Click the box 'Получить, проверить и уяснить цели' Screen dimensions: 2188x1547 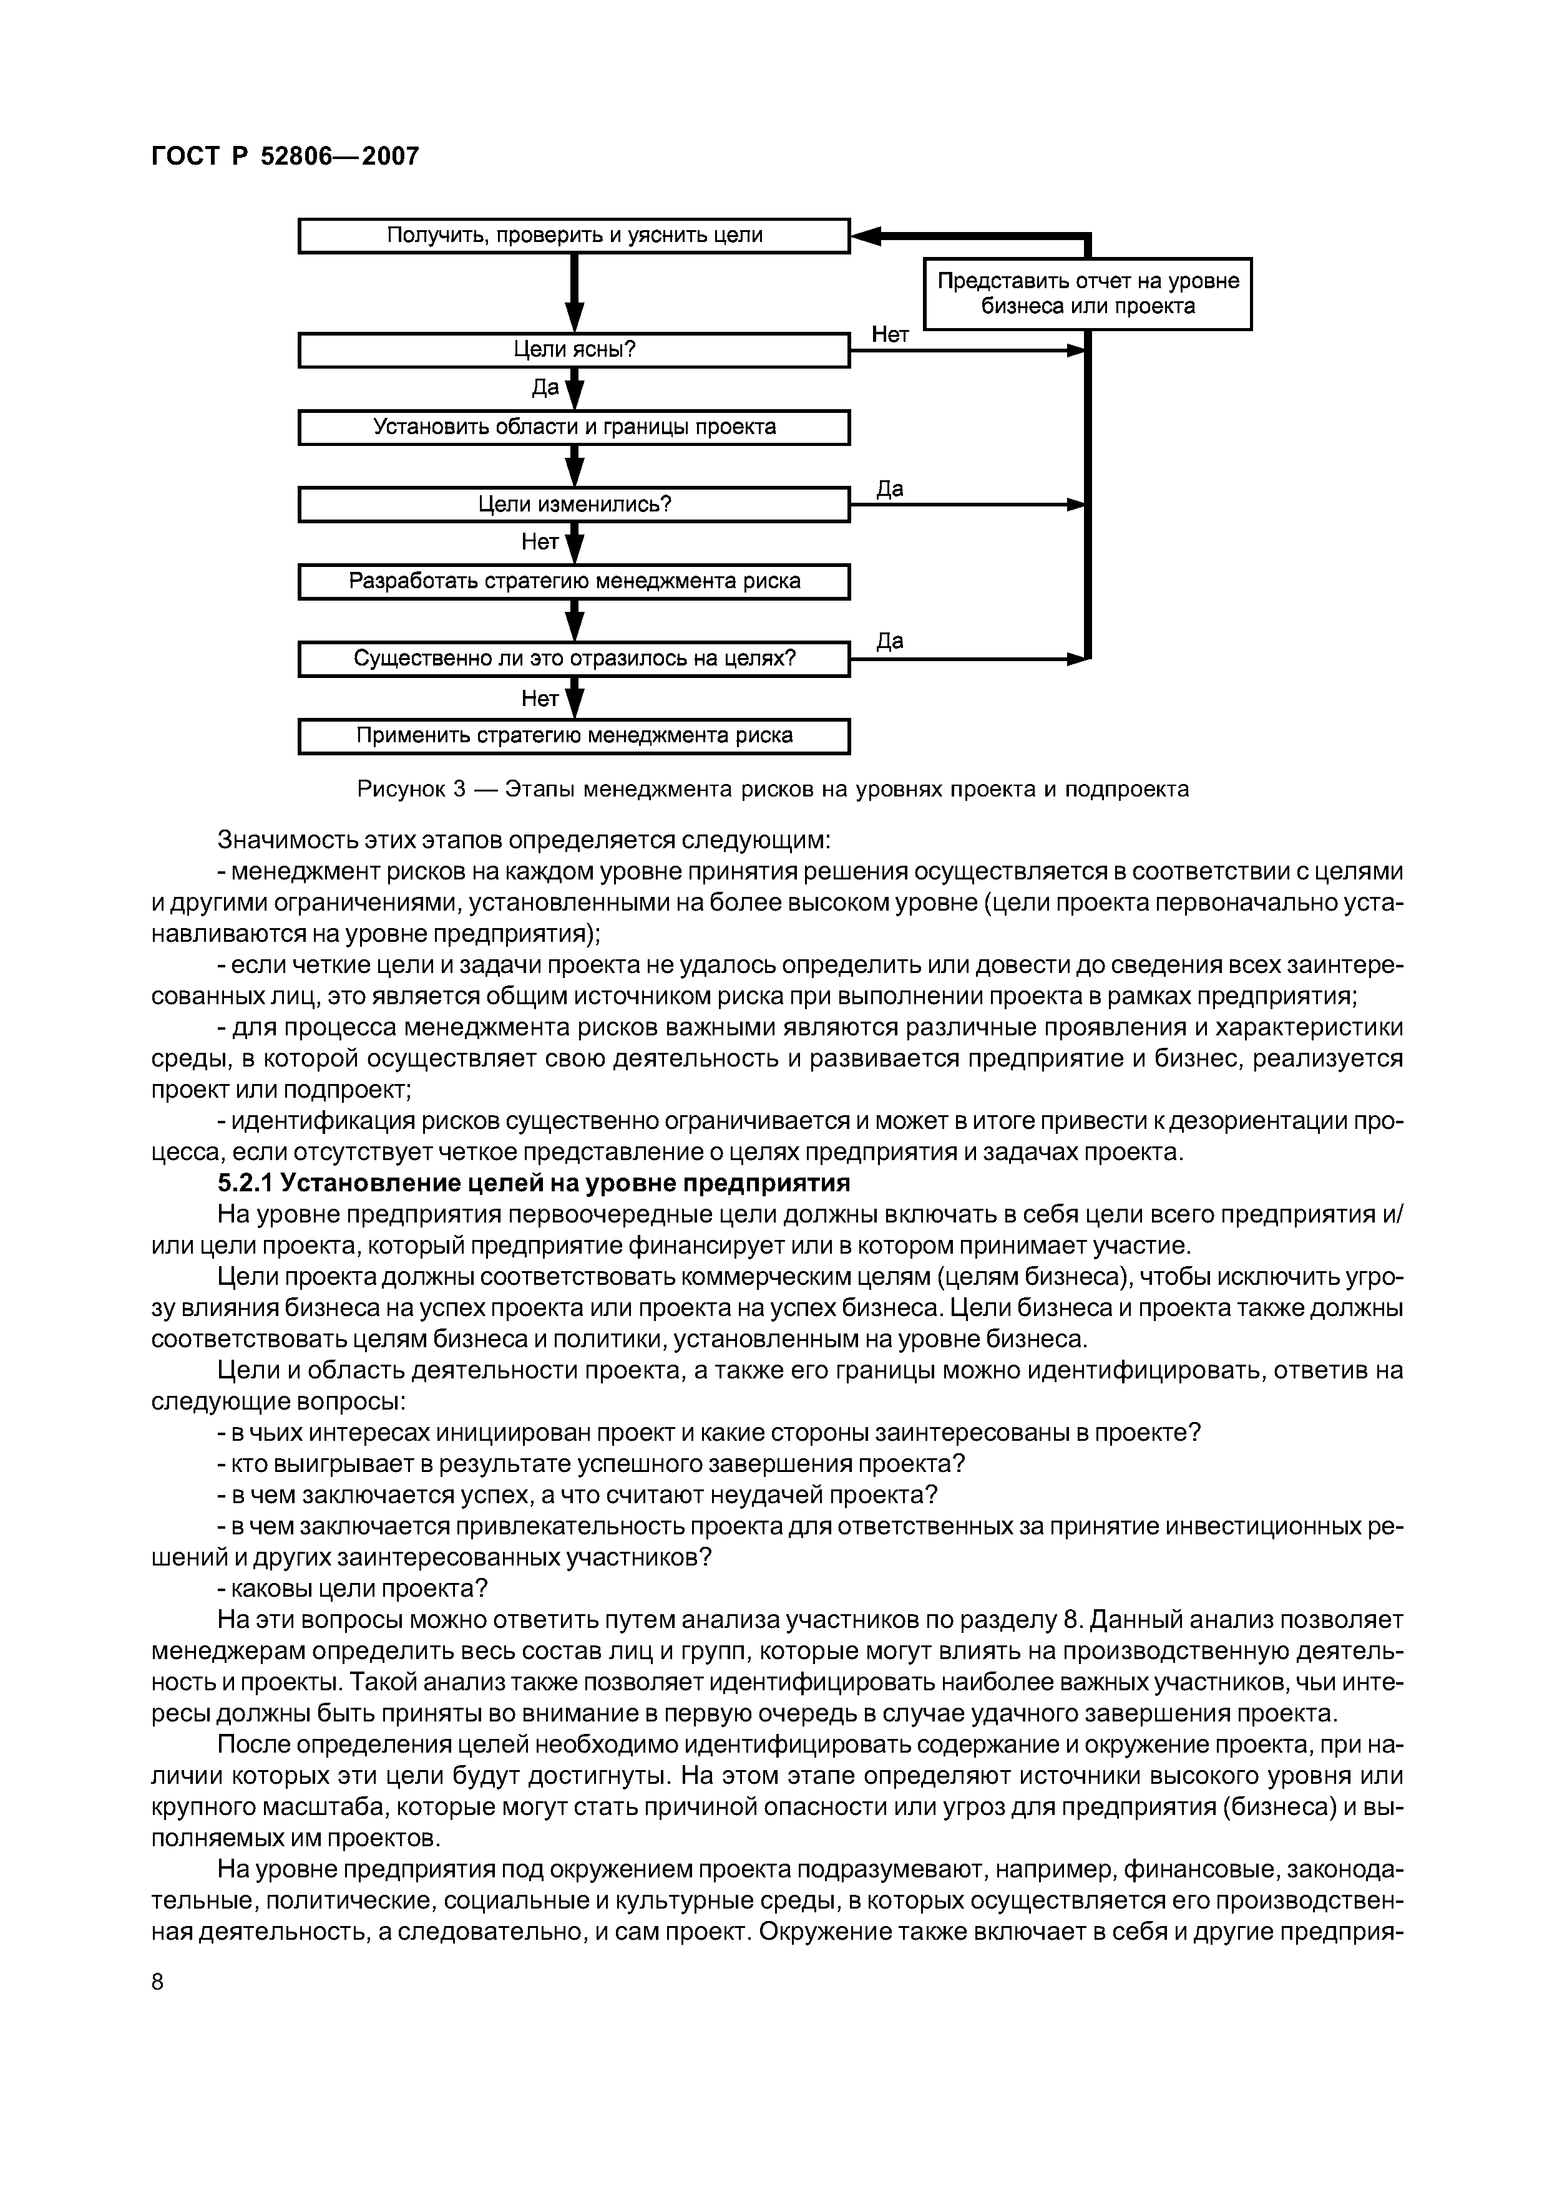574,235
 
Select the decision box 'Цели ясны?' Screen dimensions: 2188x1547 574,350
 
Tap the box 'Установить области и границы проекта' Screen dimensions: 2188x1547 574,427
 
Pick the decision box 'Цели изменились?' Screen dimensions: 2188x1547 574,504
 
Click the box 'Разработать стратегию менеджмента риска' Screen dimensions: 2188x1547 574,581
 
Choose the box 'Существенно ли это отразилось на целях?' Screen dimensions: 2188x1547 574,659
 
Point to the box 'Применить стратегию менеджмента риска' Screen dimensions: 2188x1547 574,736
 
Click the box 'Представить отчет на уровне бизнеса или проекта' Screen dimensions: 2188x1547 1088,294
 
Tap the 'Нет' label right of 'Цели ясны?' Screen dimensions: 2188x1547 891,334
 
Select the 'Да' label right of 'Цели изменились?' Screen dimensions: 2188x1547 889,489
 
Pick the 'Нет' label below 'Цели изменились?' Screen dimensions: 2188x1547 540,542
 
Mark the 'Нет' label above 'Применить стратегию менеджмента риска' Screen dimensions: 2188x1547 540,699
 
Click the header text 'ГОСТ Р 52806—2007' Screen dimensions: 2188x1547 285,157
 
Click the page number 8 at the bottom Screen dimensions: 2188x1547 159,1982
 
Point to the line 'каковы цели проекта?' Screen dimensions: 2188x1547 353,1589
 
